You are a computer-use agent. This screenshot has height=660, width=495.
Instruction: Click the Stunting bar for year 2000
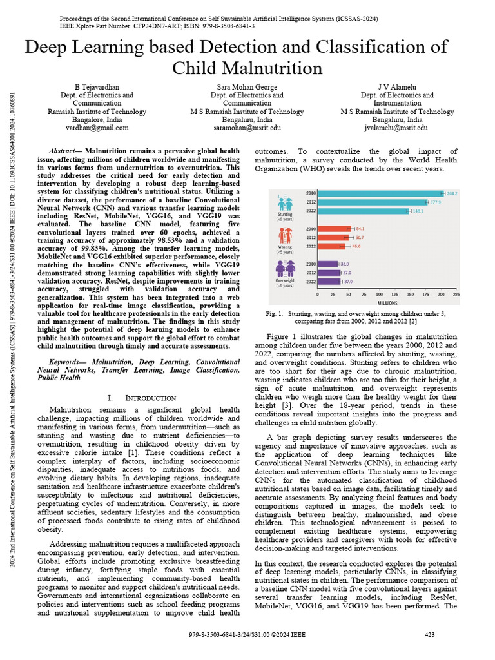coord(380,193)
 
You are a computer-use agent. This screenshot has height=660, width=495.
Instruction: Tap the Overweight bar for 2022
coord(329,282)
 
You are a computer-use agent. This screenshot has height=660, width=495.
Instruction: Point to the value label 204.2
coord(452,193)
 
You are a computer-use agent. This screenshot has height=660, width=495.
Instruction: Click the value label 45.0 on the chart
coord(356,246)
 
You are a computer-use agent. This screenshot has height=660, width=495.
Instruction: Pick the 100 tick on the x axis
coord(379,294)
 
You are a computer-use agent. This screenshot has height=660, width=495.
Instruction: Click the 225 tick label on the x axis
coord(456,294)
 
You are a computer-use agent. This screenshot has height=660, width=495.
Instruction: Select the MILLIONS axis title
coord(387,302)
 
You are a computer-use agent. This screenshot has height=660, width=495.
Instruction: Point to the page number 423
coord(430,635)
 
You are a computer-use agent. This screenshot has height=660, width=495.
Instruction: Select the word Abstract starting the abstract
coord(64,150)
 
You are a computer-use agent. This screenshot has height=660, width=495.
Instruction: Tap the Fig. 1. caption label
coord(275,313)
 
